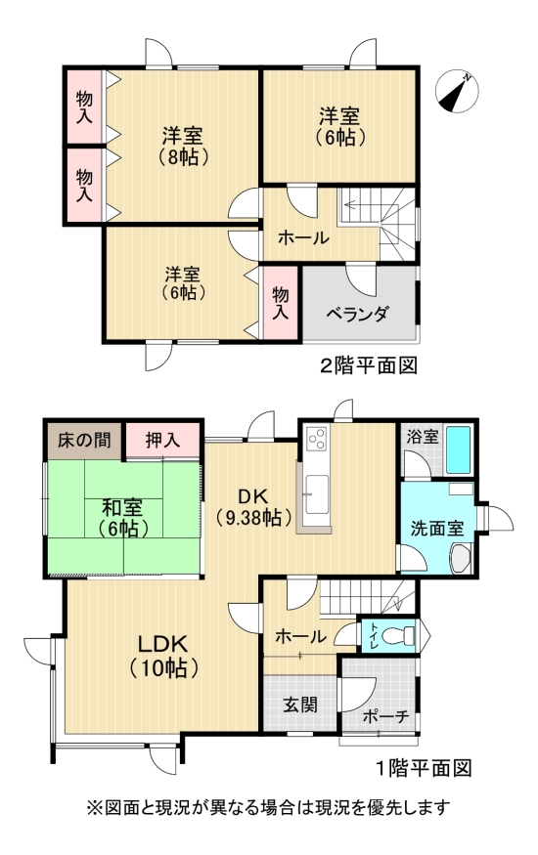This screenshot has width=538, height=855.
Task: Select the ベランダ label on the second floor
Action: (x=358, y=314)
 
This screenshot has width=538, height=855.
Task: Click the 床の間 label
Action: (x=82, y=440)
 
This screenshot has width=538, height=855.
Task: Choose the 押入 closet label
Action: (x=163, y=440)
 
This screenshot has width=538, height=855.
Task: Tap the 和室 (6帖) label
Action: (x=123, y=517)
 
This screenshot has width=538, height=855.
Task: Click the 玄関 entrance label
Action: (x=300, y=704)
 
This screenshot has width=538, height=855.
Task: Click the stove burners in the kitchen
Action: (x=318, y=441)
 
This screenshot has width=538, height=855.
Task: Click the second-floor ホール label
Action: (x=303, y=237)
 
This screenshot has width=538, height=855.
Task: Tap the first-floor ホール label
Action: (x=300, y=637)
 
